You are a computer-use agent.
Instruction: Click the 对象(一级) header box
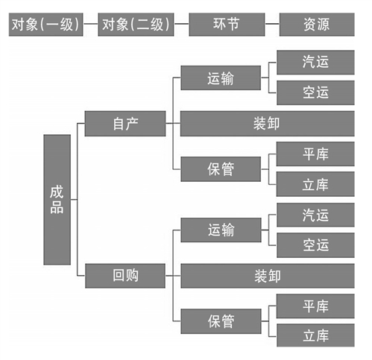point(45,25)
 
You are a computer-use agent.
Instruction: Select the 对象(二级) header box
point(136,25)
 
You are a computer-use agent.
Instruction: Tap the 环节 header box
point(227,25)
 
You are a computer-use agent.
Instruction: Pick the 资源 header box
point(317,25)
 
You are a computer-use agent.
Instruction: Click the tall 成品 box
point(57,200)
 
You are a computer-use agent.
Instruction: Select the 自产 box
point(125,124)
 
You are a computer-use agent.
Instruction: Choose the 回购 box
point(125,276)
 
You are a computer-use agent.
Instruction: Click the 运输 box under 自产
point(221,78)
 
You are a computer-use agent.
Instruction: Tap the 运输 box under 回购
point(221,230)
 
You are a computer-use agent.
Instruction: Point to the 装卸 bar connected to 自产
point(268,124)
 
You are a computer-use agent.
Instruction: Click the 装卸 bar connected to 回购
point(268,276)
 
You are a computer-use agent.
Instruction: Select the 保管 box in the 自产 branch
point(221,169)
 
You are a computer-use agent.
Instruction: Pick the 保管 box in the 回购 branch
point(221,321)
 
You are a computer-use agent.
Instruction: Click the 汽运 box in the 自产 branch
point(315,62)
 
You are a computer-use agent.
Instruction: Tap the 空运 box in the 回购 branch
point(315,245)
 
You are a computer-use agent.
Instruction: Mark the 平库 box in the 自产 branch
point(315,154)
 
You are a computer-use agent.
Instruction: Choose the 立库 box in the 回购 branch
point(315,335)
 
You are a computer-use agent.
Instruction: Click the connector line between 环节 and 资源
point(272,24)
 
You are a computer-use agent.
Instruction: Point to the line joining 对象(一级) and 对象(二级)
point(90,24)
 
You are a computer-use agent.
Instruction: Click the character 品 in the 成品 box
point(57,207)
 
